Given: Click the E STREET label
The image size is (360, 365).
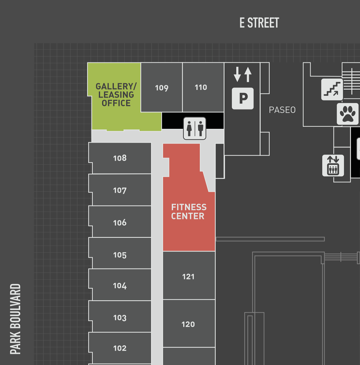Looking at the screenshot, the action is tap(259, 23).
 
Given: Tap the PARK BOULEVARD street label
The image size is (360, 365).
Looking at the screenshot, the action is tap(15, 319).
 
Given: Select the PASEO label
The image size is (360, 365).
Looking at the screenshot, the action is tap(282, 110).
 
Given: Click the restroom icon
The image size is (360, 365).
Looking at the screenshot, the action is tap(195, 128).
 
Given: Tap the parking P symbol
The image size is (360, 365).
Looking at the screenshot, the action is tap(243, 98).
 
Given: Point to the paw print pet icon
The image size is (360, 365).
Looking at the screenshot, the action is tap(347, 114).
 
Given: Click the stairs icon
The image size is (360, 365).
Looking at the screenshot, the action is tap(332, 89).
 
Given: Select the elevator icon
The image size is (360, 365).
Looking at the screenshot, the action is tap(333, 165).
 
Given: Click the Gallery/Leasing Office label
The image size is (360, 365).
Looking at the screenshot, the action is tap(116, 95).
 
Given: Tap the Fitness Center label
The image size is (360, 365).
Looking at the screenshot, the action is tap(189, 212).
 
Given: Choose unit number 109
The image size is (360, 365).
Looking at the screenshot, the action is tap(162, 88).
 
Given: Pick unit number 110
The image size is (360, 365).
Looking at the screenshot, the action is tap(201, 87).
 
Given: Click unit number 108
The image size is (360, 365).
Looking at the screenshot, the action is tap(120, 158).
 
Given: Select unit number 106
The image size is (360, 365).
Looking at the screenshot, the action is tap(120, 223).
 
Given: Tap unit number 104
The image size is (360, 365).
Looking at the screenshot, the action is tap(120, 286).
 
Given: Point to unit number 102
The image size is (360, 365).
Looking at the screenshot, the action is tap(120, 348).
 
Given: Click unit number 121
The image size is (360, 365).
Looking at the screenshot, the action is tap(188, 277).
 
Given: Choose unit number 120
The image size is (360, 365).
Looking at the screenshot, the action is tap(188, 324).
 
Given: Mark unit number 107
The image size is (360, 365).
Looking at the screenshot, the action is tap(120, 190).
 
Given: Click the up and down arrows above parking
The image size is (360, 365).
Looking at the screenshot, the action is tap(242, 74).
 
